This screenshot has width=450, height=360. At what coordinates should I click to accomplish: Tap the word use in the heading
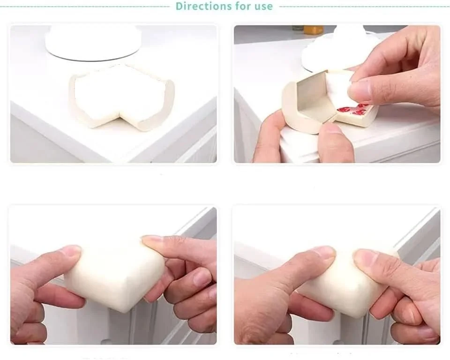coord(262,6)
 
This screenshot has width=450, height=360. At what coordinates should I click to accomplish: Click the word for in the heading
coord(241,6)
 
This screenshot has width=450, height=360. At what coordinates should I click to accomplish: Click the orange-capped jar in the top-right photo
coord(314,29)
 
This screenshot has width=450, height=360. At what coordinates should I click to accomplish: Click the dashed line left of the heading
coord(85,6)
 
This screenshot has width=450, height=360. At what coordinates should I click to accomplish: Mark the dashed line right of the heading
coord(365,6)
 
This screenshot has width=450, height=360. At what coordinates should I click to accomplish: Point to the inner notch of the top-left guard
coord(122,115)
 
